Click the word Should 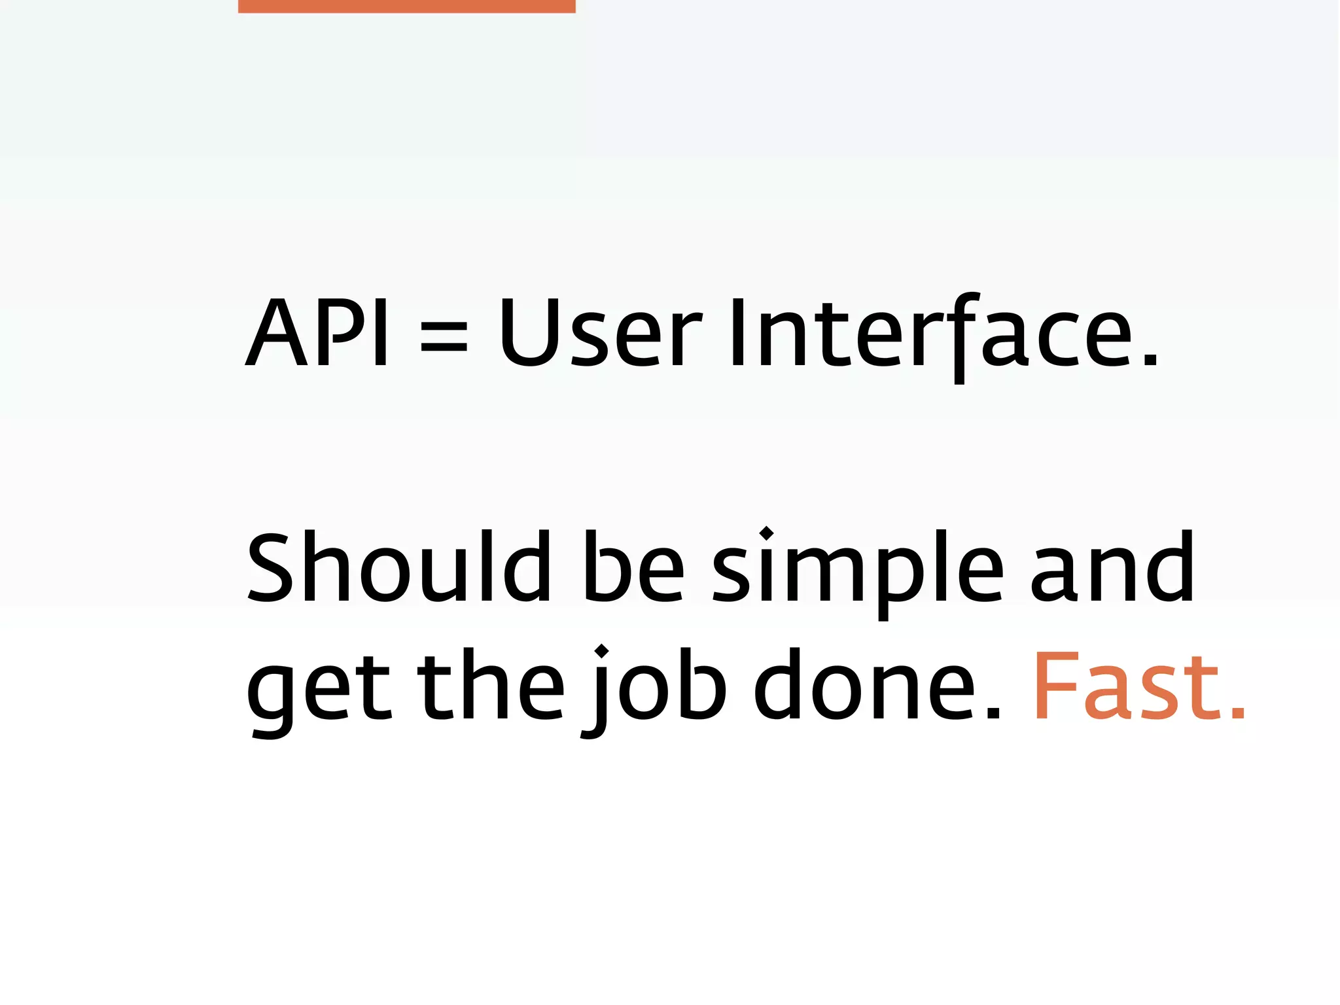coord(398,567)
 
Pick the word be coord(633,567)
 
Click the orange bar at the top coord(406,6)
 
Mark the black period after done coord(993,713)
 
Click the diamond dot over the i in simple coord(766,534)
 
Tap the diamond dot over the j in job coord(601,652)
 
